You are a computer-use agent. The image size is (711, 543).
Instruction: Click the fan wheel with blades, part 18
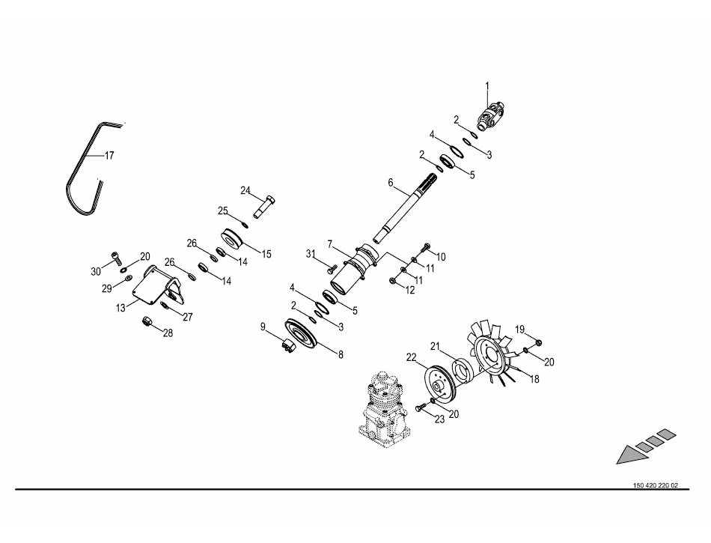click(492, 358)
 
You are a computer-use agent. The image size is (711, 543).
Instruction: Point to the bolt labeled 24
click(264, 207)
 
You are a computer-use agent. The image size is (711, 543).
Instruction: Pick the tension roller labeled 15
click(234, 239)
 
